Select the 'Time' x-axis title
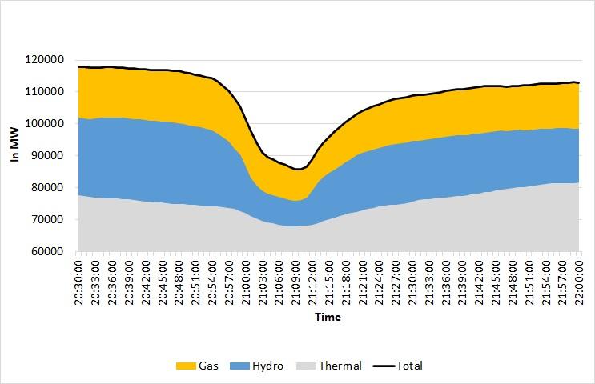pos(328,317)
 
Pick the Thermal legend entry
pos(340,366)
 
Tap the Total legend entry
pos(408,366)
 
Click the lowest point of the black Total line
pos(296,169)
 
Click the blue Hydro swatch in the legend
pos(240,366)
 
